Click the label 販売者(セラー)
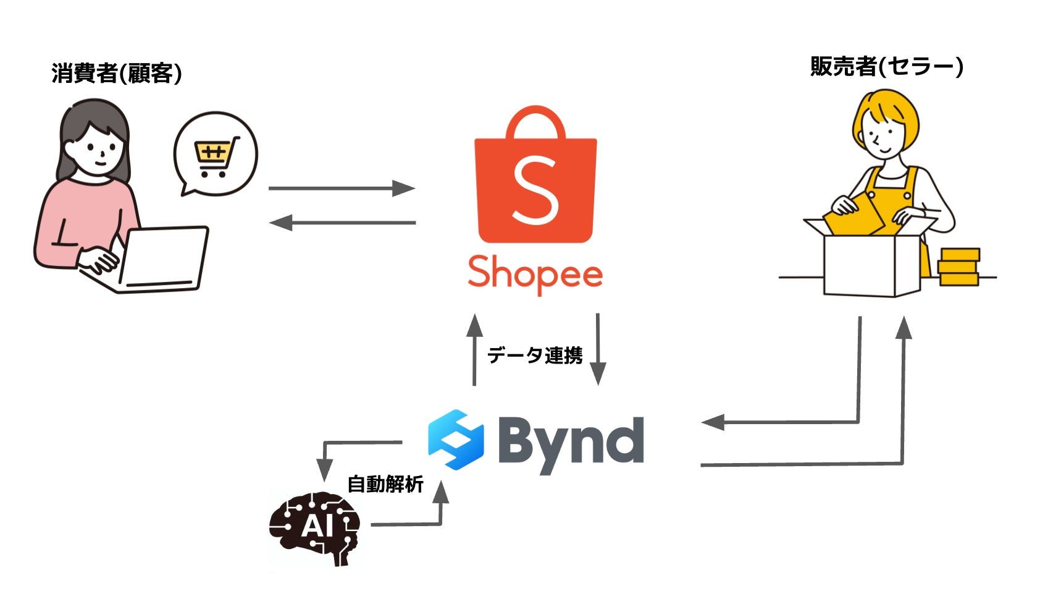(886, 67)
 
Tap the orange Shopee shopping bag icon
(535, 176)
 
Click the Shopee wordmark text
(535, 274)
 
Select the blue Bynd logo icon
(456, 440)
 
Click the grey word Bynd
(571, 443)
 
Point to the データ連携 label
(535, 355)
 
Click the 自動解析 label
(385, 484)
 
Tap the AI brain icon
(314, 527)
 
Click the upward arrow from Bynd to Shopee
(474, 350)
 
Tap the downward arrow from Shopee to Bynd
(597, 350)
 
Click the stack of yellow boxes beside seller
(958, 267)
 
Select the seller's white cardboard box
(871, 263)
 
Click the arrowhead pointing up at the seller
(904, 328)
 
